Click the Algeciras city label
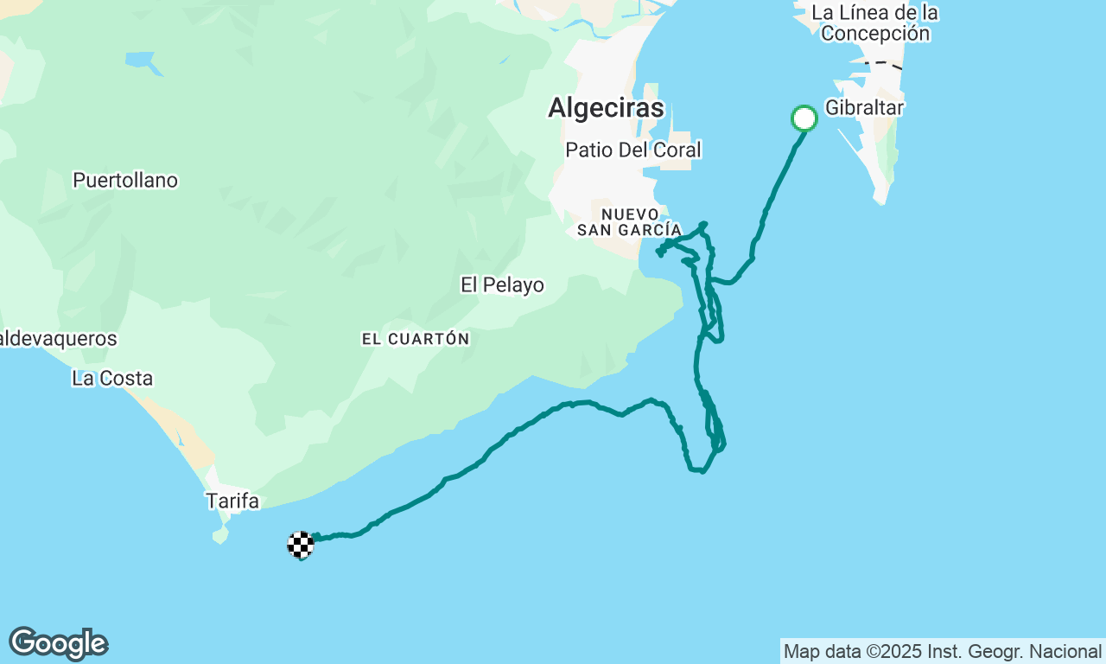(606, 108)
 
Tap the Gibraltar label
(864, 108)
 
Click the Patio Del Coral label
(632, 150)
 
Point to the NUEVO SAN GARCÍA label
(629, 221)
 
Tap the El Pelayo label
(502, 284)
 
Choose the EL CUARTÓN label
(416, 339)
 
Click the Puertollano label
(125, 180)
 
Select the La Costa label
(112, 378)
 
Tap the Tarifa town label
(232, 501)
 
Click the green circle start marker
(804, 118)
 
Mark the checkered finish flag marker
(300, 545)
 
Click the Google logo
(58, 644)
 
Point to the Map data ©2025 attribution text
(942, 651)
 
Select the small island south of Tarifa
(221, 535)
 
